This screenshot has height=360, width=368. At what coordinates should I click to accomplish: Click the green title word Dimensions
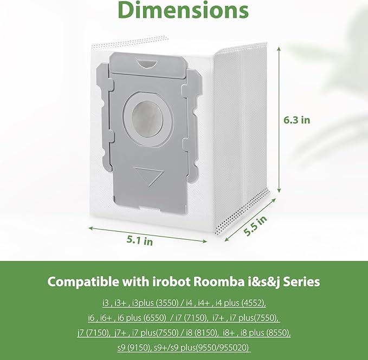point(184,11)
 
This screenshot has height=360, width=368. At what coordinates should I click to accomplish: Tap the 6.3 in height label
point(298,120)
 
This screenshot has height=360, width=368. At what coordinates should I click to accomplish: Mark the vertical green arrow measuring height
point(279,119)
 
